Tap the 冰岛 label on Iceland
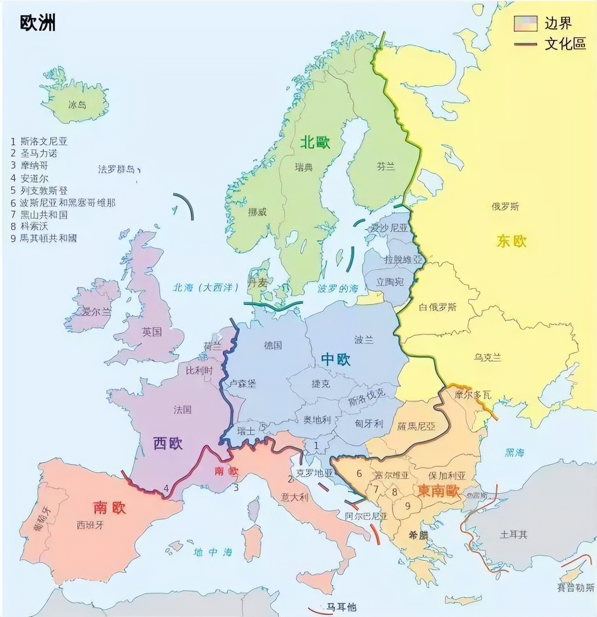(77, 105)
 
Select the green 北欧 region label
(315, 143)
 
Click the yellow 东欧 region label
(512, 241)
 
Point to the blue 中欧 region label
(336, 359)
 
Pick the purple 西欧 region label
(168, 444)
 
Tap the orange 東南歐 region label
(438, 491)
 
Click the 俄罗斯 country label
(505, 206)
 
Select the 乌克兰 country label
(488, 357)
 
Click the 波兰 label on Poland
(364, 340)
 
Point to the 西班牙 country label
(90, 525)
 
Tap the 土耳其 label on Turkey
(513, 535)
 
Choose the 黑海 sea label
(514, 452)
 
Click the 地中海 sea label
(213, 552)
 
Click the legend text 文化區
(565, 44)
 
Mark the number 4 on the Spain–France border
(166, 488)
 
